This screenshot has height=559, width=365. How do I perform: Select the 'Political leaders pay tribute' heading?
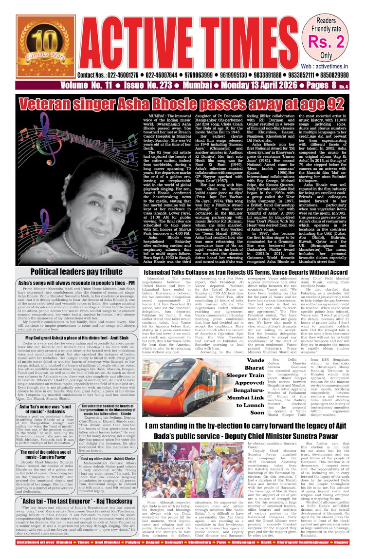[x=70, y=271]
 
